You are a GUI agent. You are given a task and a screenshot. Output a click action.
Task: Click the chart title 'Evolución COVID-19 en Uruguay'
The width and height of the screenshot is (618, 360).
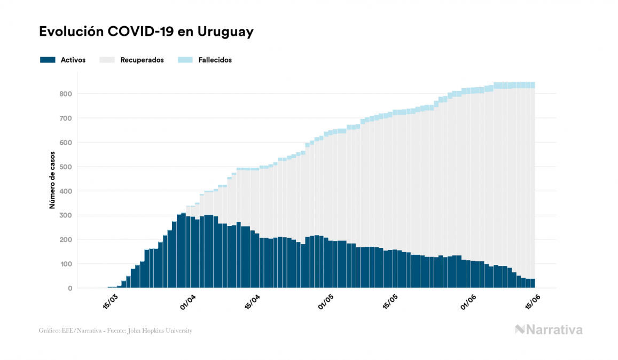(x=146, y=32)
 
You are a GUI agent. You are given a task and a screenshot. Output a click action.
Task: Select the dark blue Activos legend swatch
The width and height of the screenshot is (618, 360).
(x=48, y=60)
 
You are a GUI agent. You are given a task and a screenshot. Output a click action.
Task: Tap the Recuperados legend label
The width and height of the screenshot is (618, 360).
(x=142, y=60)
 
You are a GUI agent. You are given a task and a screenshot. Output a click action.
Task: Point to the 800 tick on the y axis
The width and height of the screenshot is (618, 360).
(x=66, y=94)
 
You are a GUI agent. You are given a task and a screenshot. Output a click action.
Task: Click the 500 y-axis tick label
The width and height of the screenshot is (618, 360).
(x=66, y=167)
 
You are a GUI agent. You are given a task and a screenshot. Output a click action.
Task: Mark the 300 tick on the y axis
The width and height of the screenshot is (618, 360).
(x=66, y=215)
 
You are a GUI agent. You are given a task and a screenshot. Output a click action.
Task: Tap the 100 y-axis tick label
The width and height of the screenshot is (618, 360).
(x=66, y=264)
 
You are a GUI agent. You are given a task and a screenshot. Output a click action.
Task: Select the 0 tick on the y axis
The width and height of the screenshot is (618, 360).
(x=70, y=288)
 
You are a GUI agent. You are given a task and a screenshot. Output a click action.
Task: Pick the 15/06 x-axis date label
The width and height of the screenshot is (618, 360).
(x=533, y=302)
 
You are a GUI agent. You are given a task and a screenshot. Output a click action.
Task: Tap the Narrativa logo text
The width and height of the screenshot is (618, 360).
(x=554, y=330)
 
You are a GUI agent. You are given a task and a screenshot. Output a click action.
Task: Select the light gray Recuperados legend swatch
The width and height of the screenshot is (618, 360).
(x=107, y=60)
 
